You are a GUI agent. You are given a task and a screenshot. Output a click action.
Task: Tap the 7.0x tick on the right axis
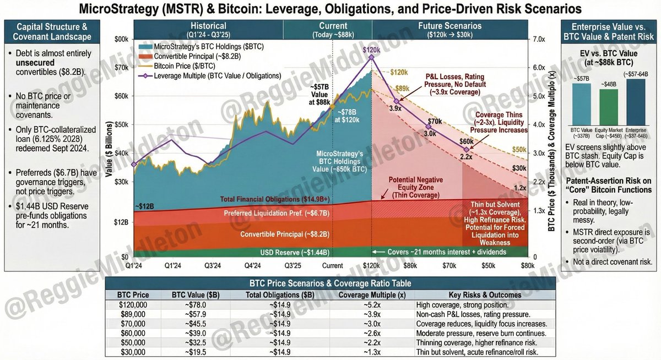538,39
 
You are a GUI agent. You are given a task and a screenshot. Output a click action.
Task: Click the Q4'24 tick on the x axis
253,265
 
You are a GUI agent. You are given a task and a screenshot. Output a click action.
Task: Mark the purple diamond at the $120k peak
372,57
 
